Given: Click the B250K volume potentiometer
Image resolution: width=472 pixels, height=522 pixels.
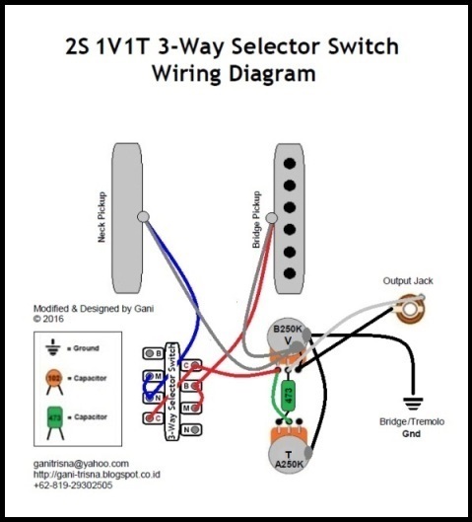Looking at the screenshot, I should (287, 340).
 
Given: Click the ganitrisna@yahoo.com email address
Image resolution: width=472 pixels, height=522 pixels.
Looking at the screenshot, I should (81, 463).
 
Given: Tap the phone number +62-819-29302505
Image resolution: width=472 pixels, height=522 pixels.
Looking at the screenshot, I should (73, 485).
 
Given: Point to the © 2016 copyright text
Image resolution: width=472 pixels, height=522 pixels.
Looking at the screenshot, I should (48, 319).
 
